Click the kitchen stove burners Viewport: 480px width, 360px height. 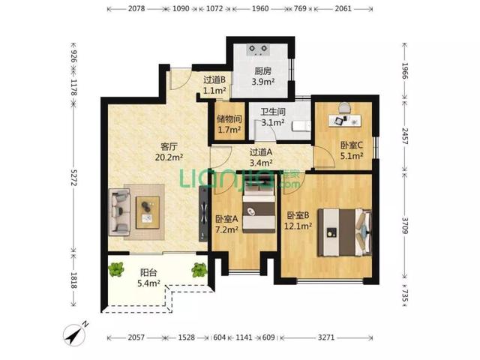click(x=259, y=49)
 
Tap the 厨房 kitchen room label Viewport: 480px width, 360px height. click(x=263, y=71)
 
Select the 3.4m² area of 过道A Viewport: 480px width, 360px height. click(x=261, y=163)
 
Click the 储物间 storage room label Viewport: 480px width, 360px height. click(x=229, y=118)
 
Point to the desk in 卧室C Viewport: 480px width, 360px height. click(x=345, y=120)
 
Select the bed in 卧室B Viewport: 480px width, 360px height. click(x=344, y=232)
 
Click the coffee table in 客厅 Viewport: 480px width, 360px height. click(x=148, y=212)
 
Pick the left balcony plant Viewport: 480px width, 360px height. click(x=116, y=269)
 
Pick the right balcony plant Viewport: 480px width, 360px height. click(x=199, y=270)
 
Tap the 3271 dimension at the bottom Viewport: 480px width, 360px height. click(x=326, y=337)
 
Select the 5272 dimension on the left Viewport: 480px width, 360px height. click(x=73, y=177)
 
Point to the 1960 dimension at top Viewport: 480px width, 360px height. click(x=260, y=8)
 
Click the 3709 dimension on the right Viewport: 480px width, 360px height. click(x=405, y=226)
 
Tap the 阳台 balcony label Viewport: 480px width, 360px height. click(x=148, y=272)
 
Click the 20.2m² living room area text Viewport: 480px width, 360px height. click(x=169, y=157)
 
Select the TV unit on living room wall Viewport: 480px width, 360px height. click(x=203, y=214)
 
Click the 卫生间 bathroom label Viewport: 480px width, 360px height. click(x=273, y=112)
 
